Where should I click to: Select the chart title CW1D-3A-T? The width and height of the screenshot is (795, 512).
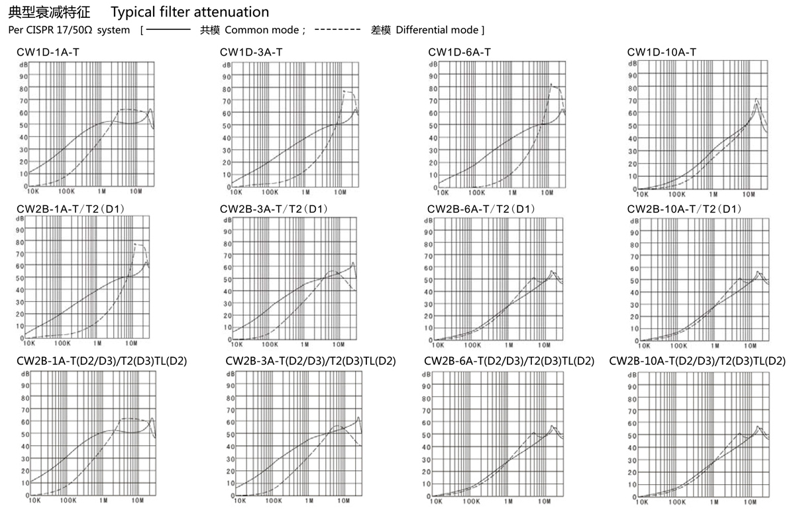click(251, 52)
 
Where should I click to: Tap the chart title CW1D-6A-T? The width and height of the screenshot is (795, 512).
click(459, 52)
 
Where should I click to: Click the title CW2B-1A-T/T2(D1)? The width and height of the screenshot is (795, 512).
click(71, 209)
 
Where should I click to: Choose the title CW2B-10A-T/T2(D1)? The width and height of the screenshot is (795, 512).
click(684, 209)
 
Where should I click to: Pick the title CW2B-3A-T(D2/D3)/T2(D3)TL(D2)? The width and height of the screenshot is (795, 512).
click(310, 361)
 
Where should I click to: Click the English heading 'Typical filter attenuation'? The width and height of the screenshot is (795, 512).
click(190, 12)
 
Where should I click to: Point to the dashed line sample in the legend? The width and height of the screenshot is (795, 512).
click(337, 30)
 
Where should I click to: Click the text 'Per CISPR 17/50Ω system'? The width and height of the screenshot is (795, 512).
click(69, 30)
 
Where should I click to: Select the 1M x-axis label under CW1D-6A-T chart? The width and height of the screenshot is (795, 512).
click(512, 192)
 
